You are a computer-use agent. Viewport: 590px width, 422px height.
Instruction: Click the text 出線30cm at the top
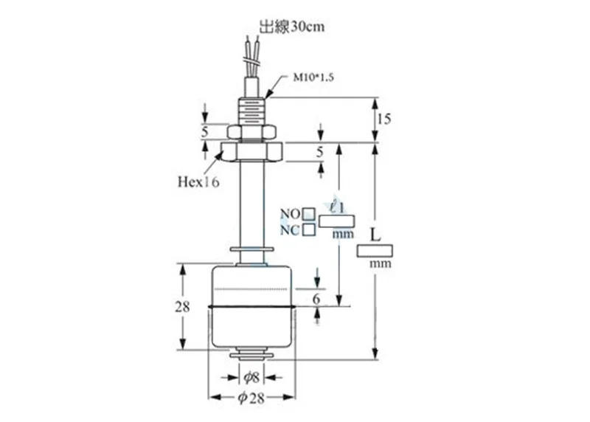[291, 27]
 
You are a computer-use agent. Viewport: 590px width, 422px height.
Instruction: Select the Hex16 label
[198, 182]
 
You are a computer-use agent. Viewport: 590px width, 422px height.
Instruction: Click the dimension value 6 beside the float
[318, 299]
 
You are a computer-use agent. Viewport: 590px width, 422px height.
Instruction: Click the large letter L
[375, 235]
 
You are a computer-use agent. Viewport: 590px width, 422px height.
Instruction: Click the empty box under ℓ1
[338, 220]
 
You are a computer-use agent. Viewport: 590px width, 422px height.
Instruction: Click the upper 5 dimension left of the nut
[205, 132]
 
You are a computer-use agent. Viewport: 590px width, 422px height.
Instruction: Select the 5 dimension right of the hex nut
[319, 153]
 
